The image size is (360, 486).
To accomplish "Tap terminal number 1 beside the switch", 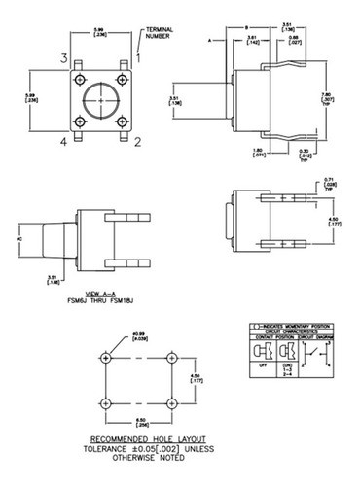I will click(x=138, y=58).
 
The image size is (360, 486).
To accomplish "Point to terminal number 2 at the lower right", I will click(x=138, y=142).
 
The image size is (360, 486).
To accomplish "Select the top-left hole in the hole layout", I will click(x=105, y=354).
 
